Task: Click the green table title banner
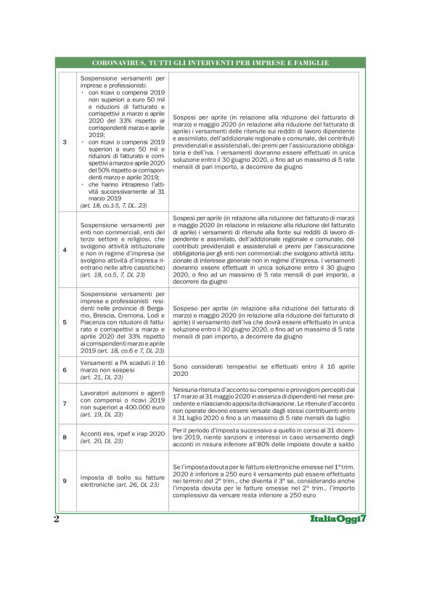coord(210,63)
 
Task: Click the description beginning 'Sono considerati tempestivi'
coord(264,370)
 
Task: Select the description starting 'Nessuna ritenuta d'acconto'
coord(264,403)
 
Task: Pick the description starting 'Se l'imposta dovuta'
coord(264,480)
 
